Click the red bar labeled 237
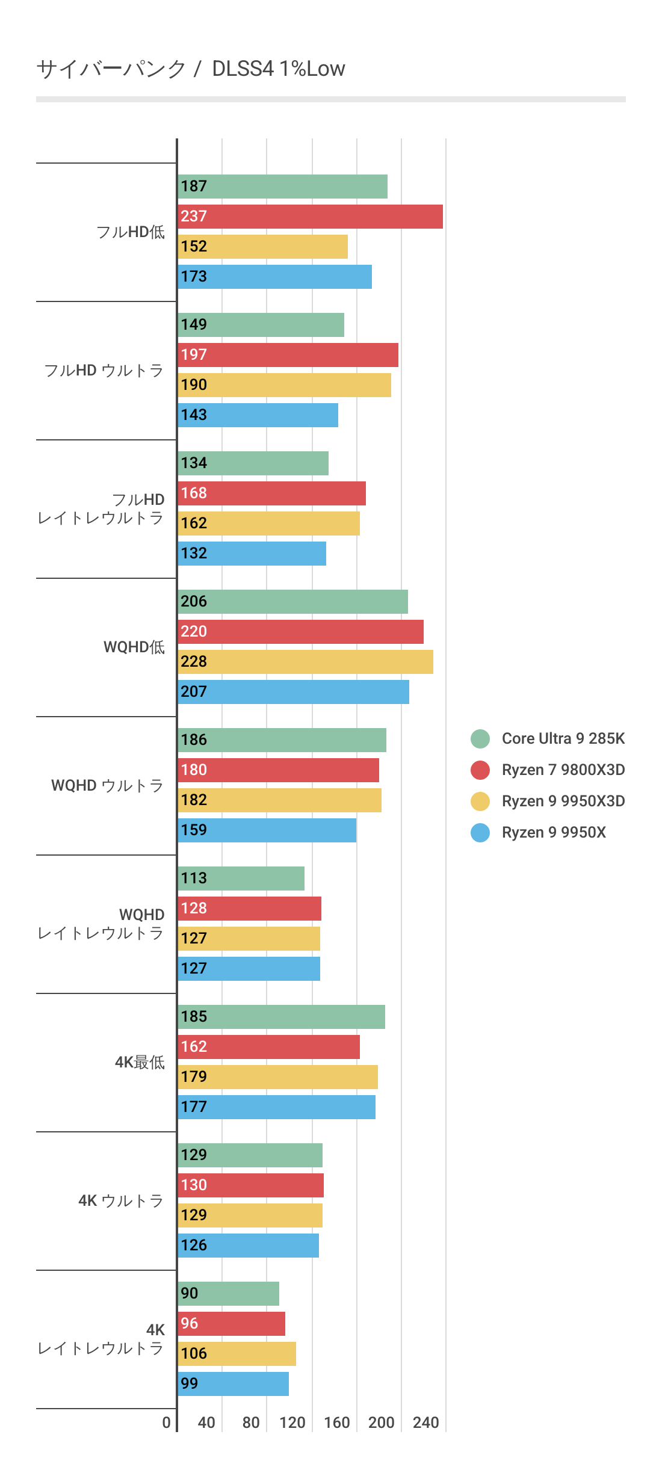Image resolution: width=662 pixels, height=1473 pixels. [x=310, y=217]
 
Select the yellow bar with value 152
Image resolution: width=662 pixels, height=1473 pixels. [x=263, y=247]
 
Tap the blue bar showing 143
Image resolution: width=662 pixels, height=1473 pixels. [x=258, y=415]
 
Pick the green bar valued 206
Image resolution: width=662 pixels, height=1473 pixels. [x=293, y=602]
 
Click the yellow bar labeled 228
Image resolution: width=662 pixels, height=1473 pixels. [x=306, y=662]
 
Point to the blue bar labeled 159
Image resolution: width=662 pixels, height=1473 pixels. [x=267, y=830]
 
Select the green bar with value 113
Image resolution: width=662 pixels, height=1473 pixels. [x=241, y=879]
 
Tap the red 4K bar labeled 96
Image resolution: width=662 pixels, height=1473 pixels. [x=232, y=1324]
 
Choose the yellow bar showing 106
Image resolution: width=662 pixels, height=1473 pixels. [x=237, y=1354]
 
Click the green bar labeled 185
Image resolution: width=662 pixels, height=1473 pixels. [x=282, y=1017]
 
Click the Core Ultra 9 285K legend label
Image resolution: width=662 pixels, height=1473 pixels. [x=563, y=738]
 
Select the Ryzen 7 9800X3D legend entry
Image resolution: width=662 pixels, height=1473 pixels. [x=563, y=770]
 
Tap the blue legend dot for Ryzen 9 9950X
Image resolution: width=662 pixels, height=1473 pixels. [x=480, y=832]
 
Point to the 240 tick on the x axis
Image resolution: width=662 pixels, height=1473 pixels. [x=425, y=1422]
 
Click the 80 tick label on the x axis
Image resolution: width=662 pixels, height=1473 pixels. [x=251, y=1422]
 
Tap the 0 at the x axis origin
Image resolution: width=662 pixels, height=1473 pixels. [x=167, y=1422]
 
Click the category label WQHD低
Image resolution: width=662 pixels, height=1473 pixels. [x=134, y=647]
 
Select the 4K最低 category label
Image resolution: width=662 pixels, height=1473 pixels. [x=140, y=1062]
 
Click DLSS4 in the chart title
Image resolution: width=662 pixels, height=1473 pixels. [x=243, y=69]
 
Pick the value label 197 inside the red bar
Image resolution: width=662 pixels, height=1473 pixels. [x=194, y=354]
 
